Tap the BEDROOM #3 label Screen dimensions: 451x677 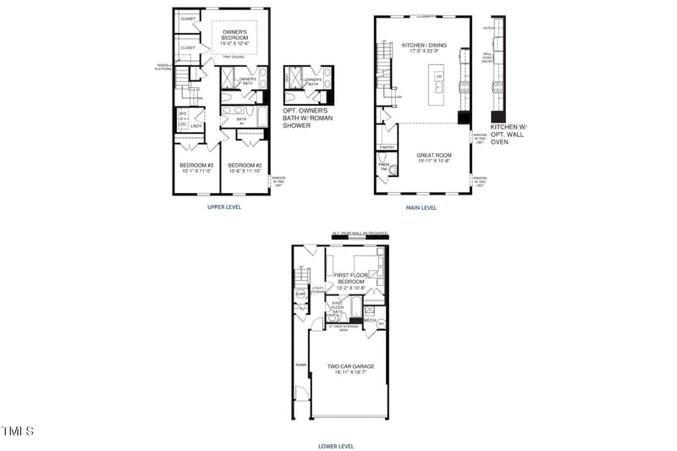(196, 165)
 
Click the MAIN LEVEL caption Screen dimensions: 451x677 (421, 206)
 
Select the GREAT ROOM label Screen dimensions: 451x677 (434, 156)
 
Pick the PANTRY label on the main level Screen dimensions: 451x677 (387, 147)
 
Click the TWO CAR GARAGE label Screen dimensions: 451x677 (350, 366)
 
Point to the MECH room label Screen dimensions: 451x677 (370, 321)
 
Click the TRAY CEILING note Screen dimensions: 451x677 (234, 57)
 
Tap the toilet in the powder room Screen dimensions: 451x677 (392, 168)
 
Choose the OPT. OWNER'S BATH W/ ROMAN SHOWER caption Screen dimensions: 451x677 (308, 118)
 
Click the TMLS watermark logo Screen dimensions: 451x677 (17, 432)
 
